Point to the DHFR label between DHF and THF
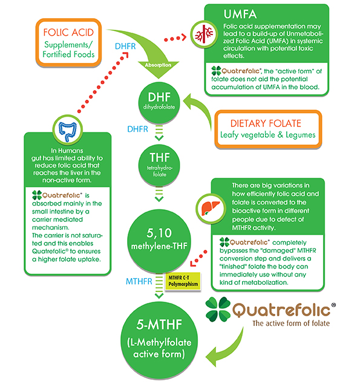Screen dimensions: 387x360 (138, 129)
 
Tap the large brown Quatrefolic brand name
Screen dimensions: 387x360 (290, 311)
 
